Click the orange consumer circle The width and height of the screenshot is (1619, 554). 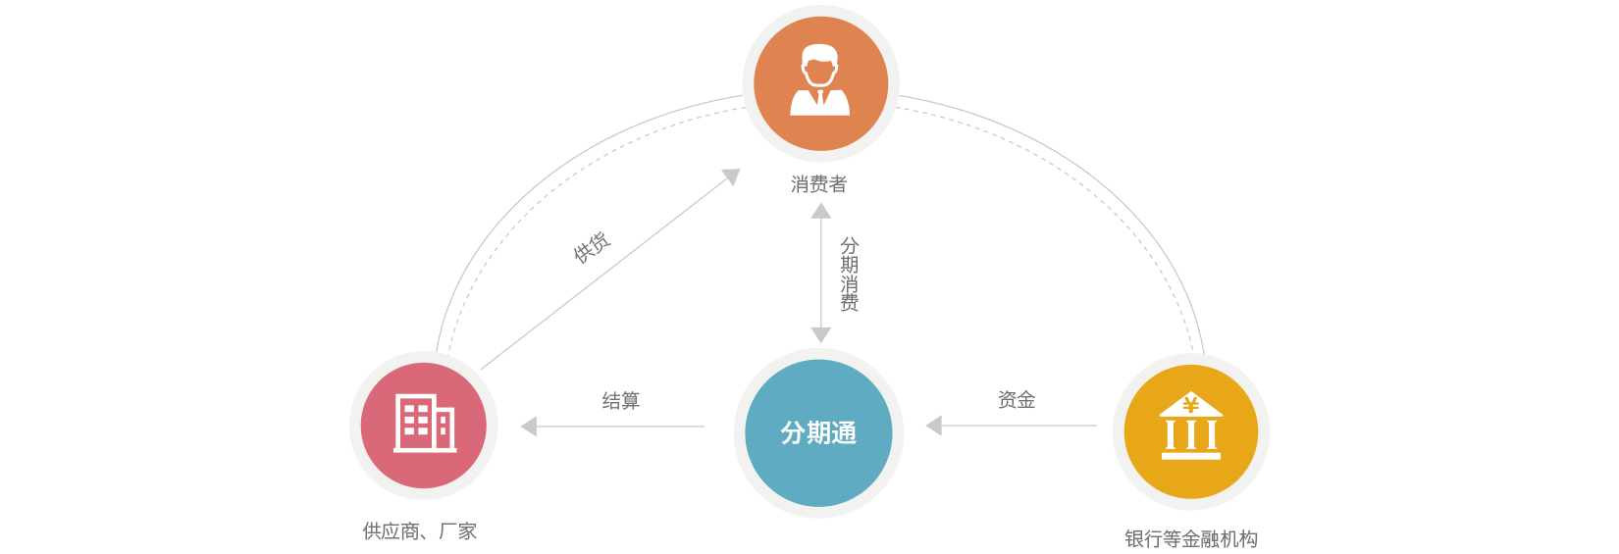pyautogui.click(x=820, y=83)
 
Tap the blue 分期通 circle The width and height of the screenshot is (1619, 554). pyautogui.click(x=818, y=432)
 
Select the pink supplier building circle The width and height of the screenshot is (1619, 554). pyautogui.click(x=424, y=426)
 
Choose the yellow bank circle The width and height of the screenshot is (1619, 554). pyautogui.click(x=1190, y=431)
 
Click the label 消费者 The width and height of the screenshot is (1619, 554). pyautogui.click(x=818, y=184)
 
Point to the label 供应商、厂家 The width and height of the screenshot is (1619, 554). pyautogui.click(x=419, y=531)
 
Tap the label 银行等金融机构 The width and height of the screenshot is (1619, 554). pyautogui.click(x=1190, y=538)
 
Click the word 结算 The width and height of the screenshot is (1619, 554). pyautogui.click(x=620, y=400)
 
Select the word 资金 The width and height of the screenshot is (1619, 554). pyautogui.click(x=1017, y=400)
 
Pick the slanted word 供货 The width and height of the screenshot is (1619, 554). pyautogui.click(x=592, y=247)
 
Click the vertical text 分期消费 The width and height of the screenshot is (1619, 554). pyautogui.click(x=849, y=274)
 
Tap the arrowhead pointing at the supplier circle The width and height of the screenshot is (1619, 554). pyautogui.click(x=529, y=427)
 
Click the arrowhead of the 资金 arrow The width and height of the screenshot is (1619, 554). pyautogui.click(x=934, y=426)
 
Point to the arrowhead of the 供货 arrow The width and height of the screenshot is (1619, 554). pyautogui.click(x=731, y=176)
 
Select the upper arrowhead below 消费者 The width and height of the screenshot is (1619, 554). pyautogui.click(x=821, y=210)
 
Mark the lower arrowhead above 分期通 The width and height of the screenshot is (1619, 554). pyautogui.click(x=821, y=334)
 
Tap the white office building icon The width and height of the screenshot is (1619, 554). pyautogui.click(x=425, y=423)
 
